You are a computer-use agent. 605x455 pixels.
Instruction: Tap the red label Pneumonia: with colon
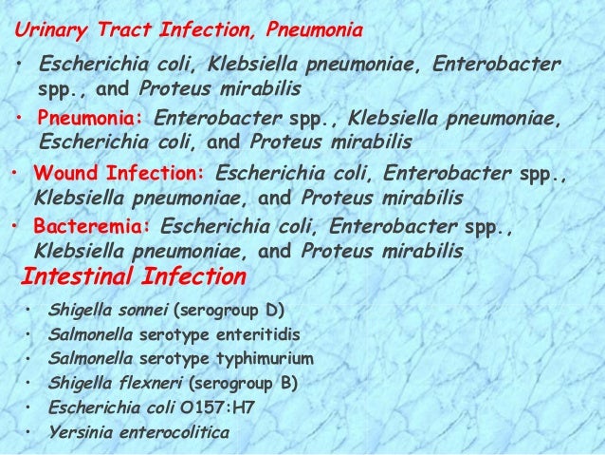coord(91,121)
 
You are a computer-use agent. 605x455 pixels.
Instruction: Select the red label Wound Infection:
coord(119,177)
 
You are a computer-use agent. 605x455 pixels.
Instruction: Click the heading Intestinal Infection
coord(133,278)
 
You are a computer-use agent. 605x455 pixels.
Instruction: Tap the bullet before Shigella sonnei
coord(29,311)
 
